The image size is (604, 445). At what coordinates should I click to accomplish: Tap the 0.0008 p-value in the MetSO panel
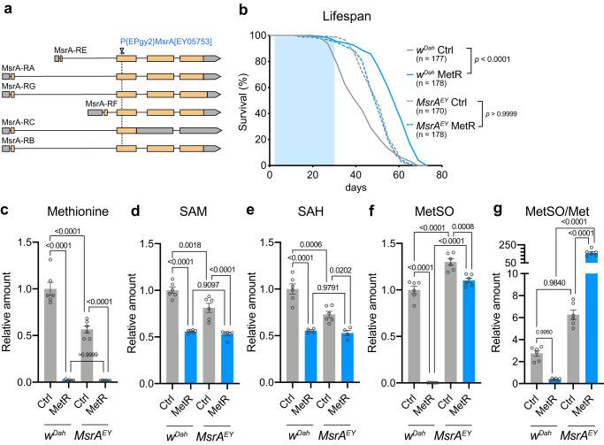[x=467, y=249]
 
